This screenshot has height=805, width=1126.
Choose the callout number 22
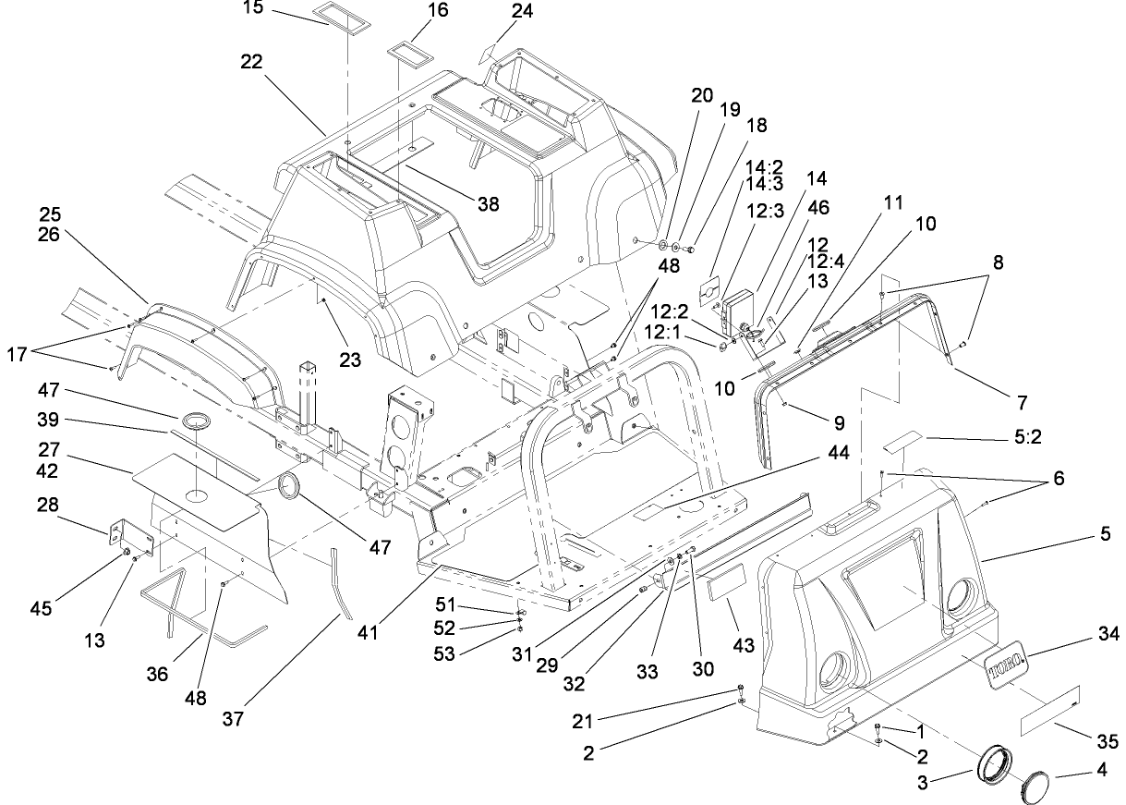pos(251,62)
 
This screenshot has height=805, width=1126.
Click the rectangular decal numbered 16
pos(406,46)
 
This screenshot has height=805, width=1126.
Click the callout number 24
pos(522,12)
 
